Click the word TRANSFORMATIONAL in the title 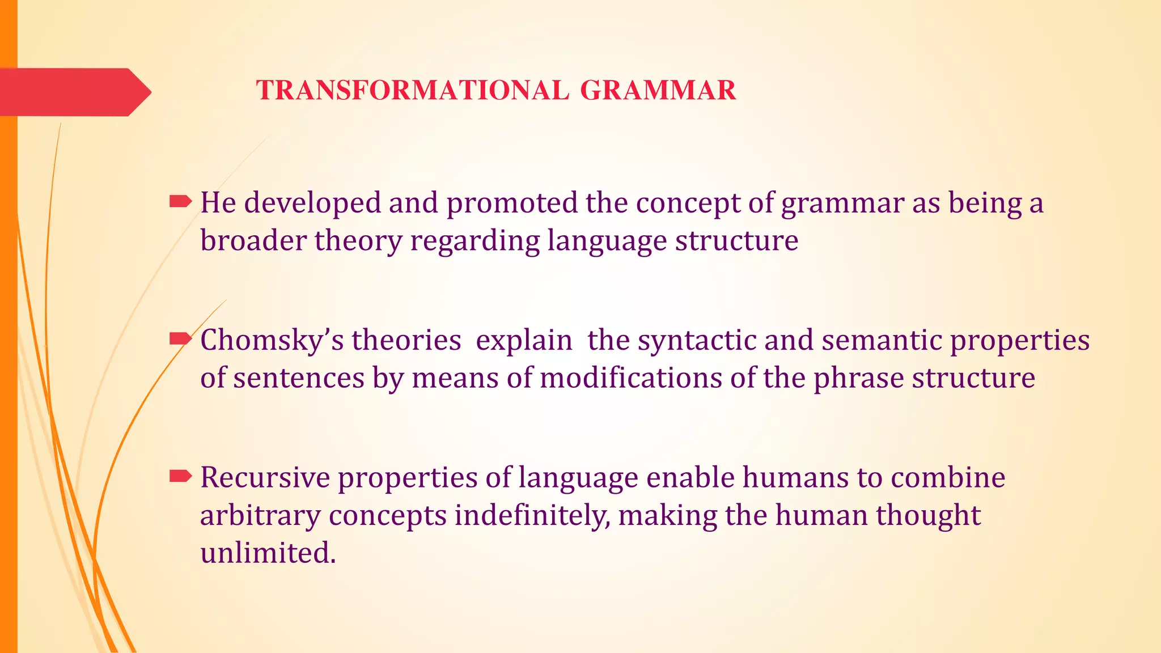coord(413,91)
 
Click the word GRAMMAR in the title coord(658,91)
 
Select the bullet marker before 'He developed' coord(180,201)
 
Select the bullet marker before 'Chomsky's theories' coord(180,339)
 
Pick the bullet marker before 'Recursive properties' coord(180,476)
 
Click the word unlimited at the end coord(267,553)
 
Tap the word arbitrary coord(260,516)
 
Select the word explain coord(524,341)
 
